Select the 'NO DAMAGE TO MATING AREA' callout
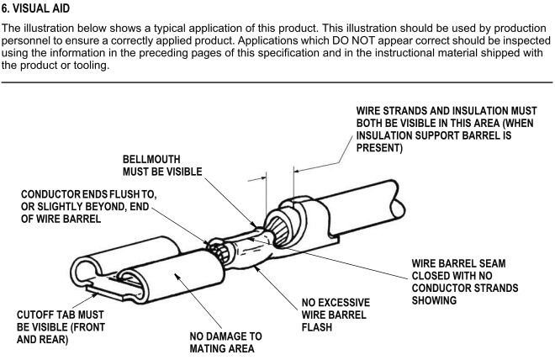click(x=218, y=341)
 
